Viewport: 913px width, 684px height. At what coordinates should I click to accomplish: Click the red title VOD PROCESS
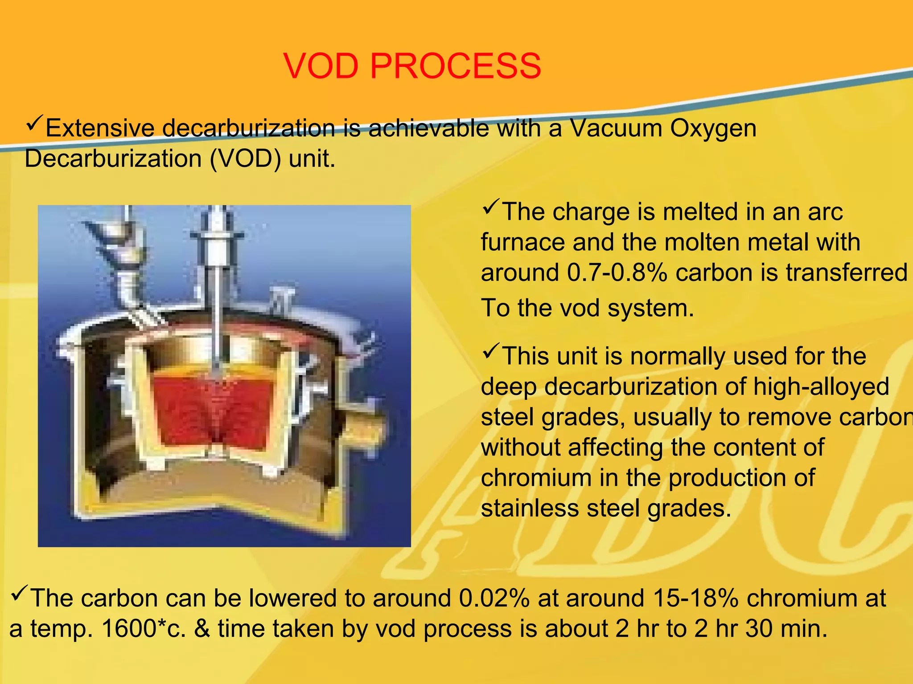point(412,66)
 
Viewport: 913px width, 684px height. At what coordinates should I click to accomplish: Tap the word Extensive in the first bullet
point(100,129)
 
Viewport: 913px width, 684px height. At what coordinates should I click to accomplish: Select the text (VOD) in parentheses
point(245,159)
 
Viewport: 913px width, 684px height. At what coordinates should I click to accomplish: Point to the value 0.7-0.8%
point(618,273)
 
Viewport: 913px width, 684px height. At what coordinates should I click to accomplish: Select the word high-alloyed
point(821,387)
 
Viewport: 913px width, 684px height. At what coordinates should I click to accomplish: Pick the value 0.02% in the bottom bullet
point(494,598)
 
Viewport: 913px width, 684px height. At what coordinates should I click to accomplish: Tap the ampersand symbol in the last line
point(202,629)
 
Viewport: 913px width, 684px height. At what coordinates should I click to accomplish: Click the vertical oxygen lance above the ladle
point(217,285)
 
